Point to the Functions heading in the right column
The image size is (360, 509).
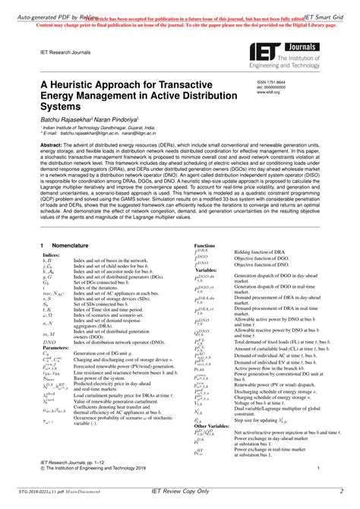(205, 246)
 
